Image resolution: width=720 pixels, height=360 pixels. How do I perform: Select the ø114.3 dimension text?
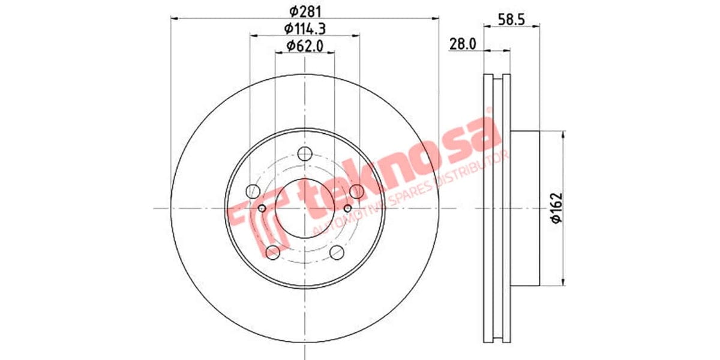pos(305,28)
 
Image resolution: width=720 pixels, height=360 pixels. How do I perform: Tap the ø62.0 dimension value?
pos(305,45)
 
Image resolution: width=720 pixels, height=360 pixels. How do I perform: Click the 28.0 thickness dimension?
pos(463,44)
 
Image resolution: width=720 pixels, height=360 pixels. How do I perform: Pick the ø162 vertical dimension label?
pos(557,208)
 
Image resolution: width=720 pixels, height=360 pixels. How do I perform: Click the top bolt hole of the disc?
pos(305,152)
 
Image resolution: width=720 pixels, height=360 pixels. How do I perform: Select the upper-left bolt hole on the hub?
pos(253,191)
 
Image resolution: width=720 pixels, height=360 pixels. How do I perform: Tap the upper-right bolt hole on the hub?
pos(356,191)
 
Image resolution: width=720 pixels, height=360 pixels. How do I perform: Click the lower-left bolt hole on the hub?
pos(273,251)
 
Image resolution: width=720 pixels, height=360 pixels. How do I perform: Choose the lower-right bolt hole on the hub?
pos(337,251)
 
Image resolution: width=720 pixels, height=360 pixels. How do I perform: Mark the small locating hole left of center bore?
pos(262,208)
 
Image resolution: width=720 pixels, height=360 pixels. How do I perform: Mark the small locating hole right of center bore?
pos(347,208)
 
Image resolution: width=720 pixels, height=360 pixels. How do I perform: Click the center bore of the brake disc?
pos(305,208)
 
